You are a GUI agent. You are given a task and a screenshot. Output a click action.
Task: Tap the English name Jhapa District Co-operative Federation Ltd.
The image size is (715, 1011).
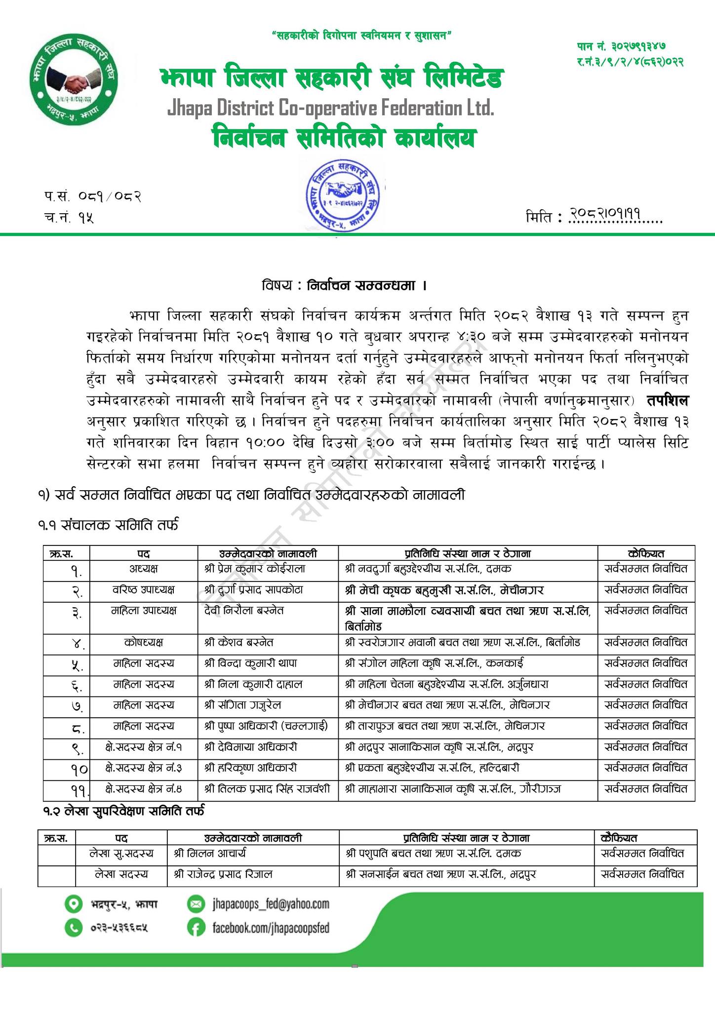click(330, 108)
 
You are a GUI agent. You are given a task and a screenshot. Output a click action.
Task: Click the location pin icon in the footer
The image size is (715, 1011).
click(73, 904)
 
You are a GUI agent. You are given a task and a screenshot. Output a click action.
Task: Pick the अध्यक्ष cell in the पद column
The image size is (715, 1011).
click(143, 569)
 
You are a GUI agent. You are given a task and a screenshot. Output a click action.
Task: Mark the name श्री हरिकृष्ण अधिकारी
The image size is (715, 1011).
click(250, 768)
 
